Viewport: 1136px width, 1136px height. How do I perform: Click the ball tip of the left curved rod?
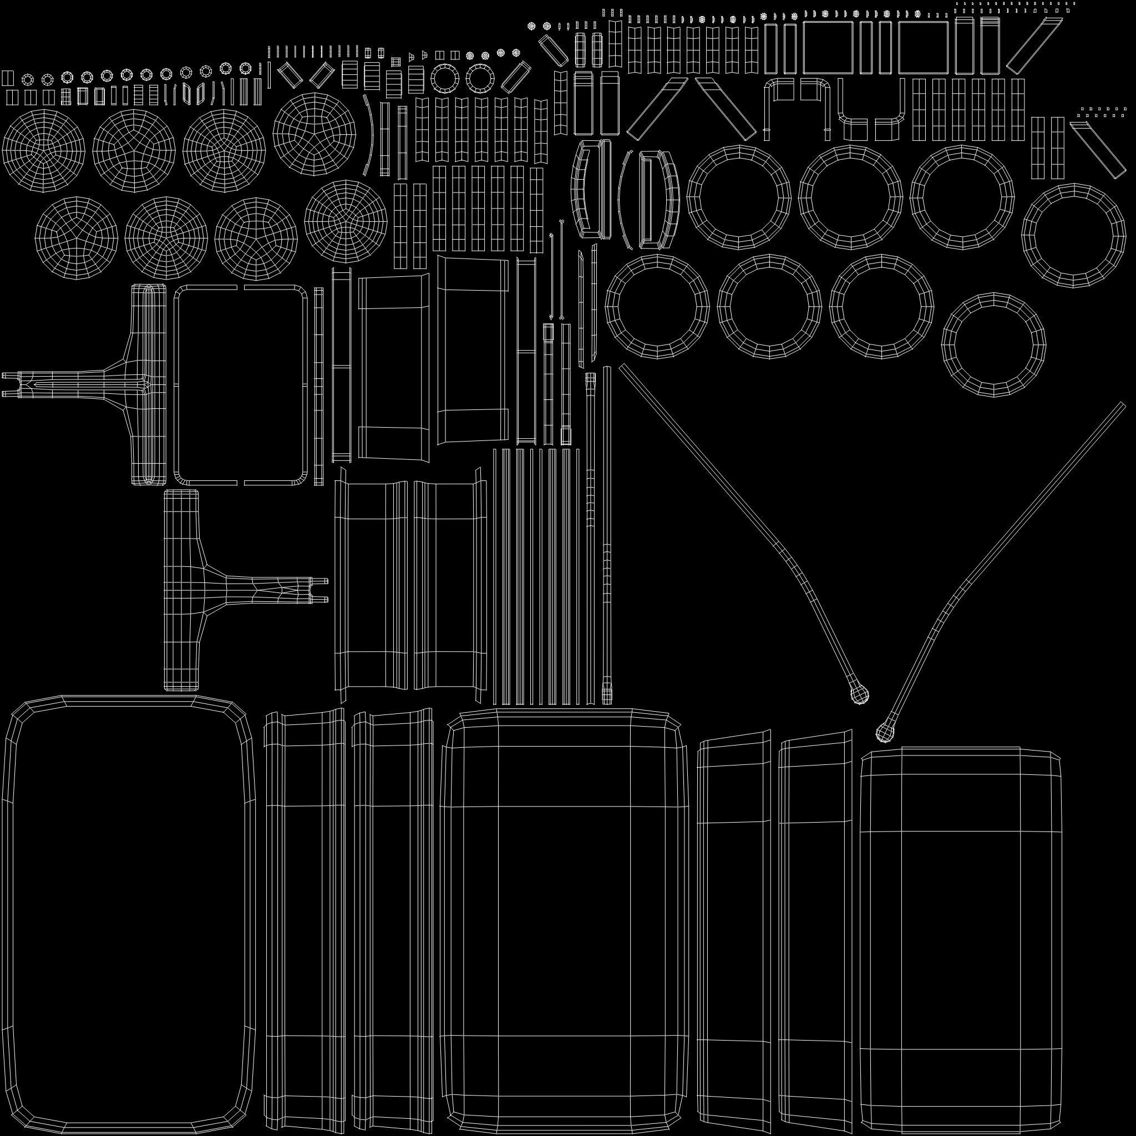(x=859, y=696)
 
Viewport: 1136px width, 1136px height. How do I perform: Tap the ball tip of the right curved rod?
(x=884, y=733)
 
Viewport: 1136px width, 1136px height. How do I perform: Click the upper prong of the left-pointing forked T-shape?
(x=8, y=375)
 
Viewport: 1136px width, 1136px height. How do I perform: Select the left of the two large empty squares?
(x=827, y=48)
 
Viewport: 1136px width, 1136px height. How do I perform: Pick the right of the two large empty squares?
(x=923, y=48)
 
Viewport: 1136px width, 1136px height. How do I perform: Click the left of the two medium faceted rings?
(x=445, y=78)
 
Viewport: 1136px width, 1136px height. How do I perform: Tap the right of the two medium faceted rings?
(x=480, y=78)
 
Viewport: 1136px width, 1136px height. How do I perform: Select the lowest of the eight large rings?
(x=993, y=345)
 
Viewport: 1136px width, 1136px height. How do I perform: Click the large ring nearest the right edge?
(x=1074, y=235)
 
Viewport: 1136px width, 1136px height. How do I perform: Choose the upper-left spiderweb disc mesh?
(x=43, y=150)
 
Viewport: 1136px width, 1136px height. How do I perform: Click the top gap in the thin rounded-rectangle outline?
(x=241, y=287)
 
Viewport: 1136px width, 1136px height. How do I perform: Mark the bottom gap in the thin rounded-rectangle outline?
(x=241, y=483)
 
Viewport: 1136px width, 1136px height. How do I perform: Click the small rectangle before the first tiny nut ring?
(x=8, y=78)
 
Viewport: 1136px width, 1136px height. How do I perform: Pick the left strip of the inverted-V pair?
(x=657, y=109)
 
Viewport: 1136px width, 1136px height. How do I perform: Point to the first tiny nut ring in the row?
(x=28, y=79)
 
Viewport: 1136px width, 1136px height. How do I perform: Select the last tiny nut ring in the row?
(x=245, y=68)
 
